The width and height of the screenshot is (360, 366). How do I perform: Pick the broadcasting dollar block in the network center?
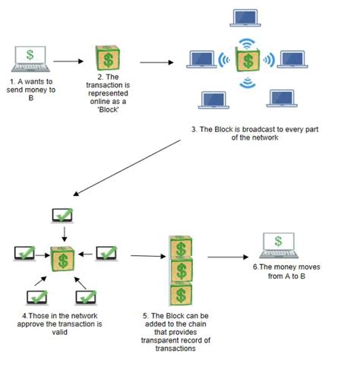coord(247,59)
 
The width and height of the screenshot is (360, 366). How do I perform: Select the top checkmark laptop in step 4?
coord(62,216)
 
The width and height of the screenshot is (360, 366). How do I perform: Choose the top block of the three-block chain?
coord(180,248)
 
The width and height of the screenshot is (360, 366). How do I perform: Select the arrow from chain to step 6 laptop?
coord(227,257)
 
